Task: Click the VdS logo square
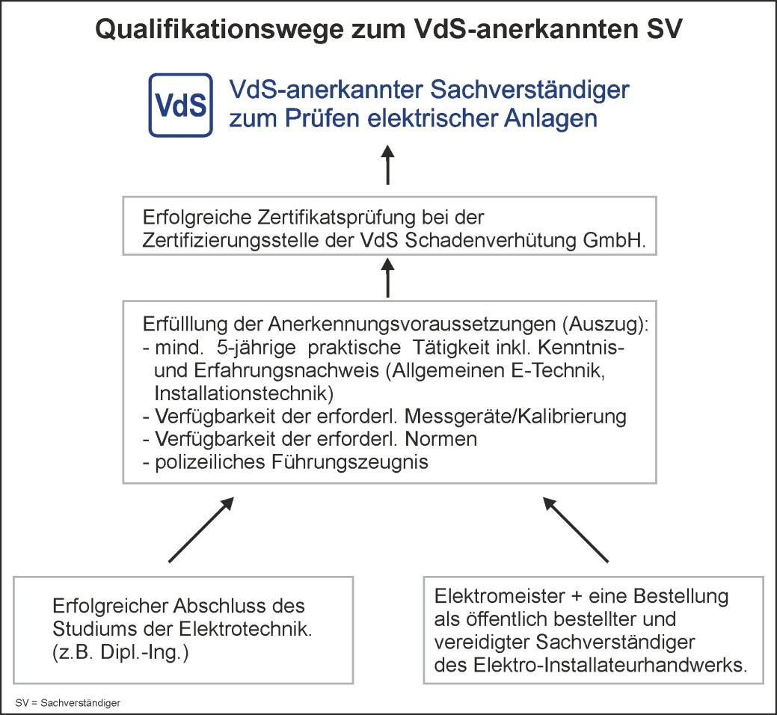181,105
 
